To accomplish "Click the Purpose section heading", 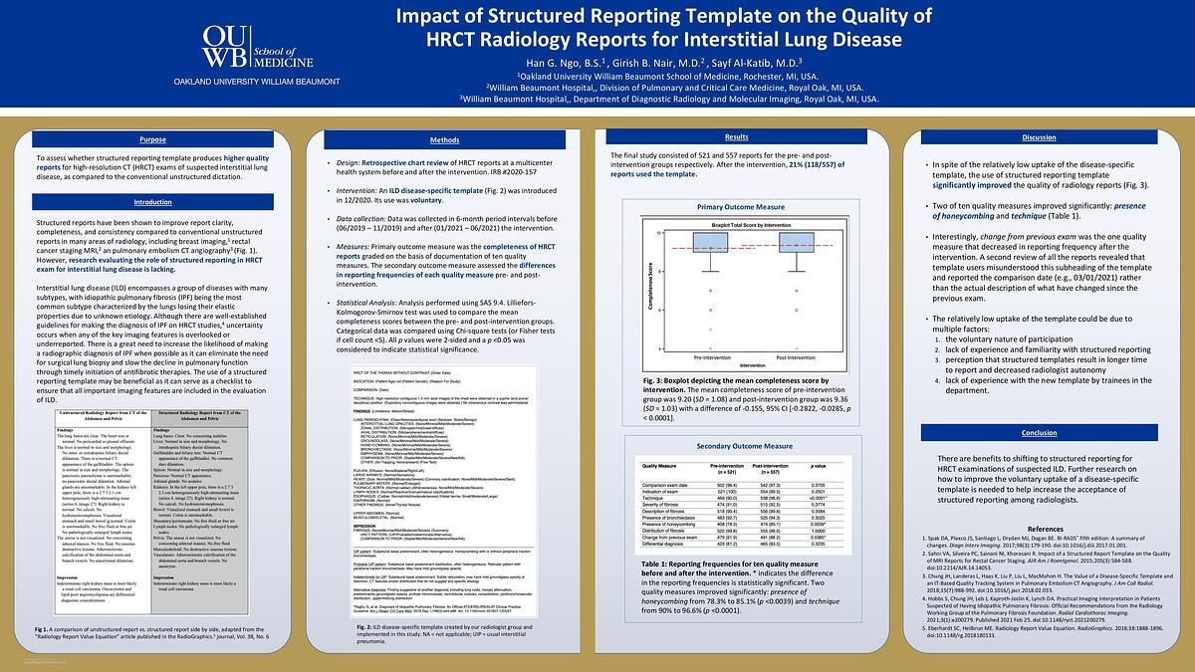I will click(152, 138).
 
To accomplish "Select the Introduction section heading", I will click(152, 201).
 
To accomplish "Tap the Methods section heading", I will click(444, 140).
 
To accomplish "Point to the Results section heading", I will click(736, 136).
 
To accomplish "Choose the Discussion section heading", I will click(1039, 136).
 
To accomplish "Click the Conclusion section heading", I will click(1039, 432).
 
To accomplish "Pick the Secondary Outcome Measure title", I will click(737, 447).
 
